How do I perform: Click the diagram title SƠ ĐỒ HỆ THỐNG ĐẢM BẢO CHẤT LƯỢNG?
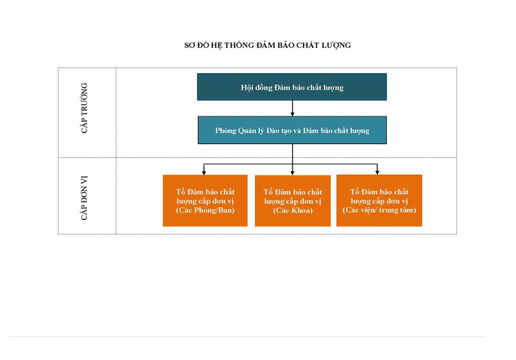pos(268,45)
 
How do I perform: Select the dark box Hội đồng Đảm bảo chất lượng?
pos(292,87)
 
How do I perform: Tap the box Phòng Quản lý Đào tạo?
pos(292,130)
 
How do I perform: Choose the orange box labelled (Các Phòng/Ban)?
pos(205,201)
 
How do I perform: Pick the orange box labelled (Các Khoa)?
pos(293,201)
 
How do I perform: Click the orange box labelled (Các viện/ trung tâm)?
pos(379,200)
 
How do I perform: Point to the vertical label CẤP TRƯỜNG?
pos(84,108)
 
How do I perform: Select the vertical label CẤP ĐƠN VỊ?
pos(84,198)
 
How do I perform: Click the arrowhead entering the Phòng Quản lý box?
pos(292,114)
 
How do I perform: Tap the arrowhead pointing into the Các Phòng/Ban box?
pos(204,172)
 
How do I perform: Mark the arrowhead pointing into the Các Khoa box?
pos(292,173)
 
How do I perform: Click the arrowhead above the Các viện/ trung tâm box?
pos(377,172)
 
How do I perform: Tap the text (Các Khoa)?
pos(293,210)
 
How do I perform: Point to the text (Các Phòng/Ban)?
pos(206,210)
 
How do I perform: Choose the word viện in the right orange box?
pos(366,210)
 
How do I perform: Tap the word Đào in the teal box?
pos(273,131)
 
